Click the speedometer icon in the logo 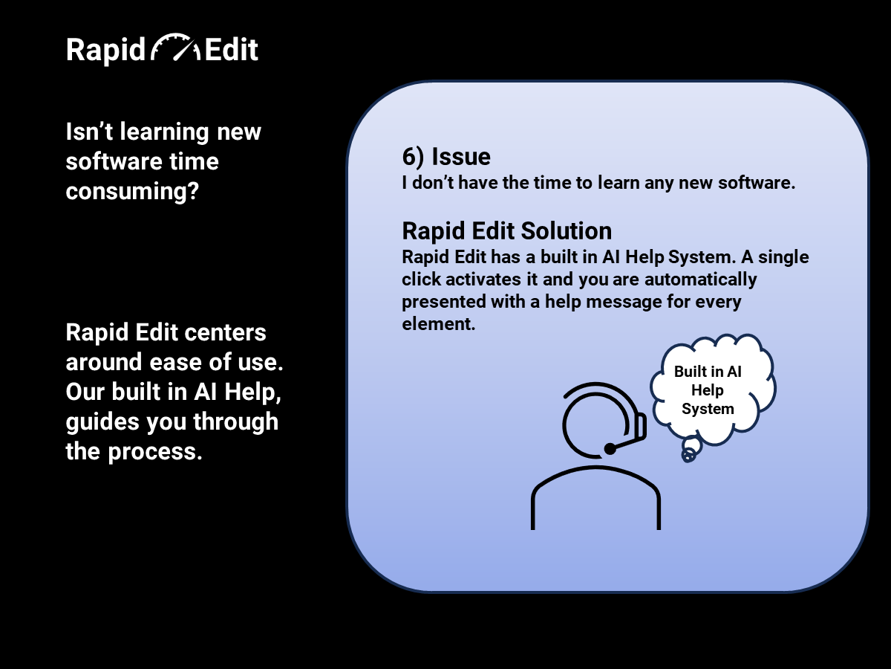coord(175,47)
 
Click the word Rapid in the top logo coord(105,50)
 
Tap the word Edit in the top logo coord(231,50)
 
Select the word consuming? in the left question coord(132,191)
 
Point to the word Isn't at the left coord(89,132)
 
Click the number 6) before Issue coord(413,157)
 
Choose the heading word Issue coord(461,156)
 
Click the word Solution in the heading coord(567,230)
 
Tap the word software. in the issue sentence coord(757,183)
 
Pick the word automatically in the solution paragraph coord(701,280)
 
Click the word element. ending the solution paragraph coord(438,324)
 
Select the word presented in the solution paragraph coord(444,303)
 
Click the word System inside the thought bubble coord(708,409)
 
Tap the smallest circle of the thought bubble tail coord(688,456)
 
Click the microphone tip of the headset coord(610,449)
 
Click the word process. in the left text coord(155,452)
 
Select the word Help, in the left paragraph coord(252,392)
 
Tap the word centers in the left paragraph coord(225,333)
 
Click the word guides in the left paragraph coord(102,422)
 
